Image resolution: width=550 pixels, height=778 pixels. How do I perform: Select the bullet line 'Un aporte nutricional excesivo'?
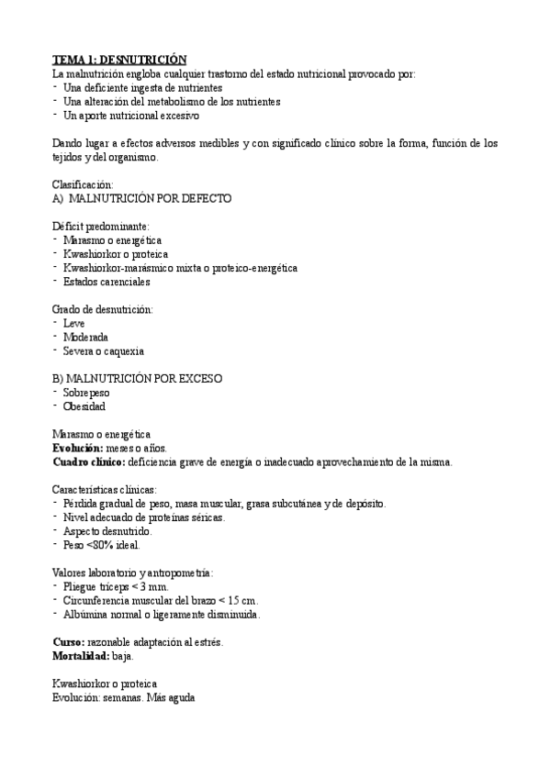[x=130, y=116]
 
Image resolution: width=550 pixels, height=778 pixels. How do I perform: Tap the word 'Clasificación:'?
[x=83, y=183]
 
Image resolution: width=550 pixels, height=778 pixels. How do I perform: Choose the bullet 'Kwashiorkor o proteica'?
[x=115, y=253]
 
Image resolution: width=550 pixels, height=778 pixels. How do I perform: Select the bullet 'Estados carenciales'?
[x=106, y=282]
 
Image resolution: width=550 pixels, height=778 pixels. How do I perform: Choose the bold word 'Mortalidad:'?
[x=81, y=656]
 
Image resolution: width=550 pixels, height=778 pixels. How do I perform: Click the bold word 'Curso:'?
[x=68, y=642]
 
